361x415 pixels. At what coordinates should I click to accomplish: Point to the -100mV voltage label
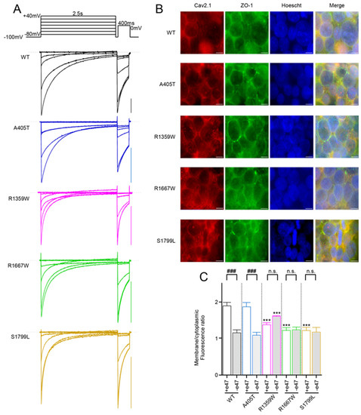pos(13,38)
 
